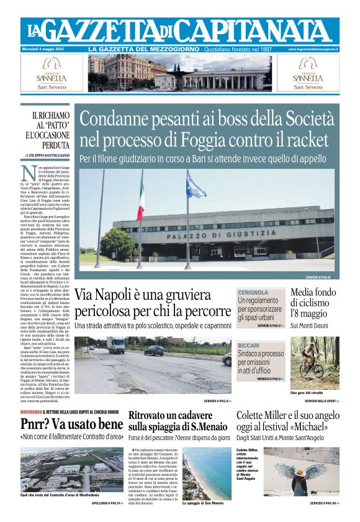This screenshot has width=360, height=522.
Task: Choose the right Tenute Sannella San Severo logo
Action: coord(308,73)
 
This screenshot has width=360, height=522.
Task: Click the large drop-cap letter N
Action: coord(27,174)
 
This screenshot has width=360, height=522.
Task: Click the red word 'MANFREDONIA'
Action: coord(31,413)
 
